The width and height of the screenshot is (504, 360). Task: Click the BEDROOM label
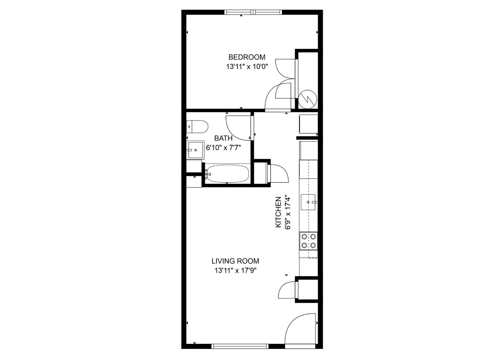coord(247,57)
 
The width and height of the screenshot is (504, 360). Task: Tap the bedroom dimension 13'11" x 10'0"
coord(247,67)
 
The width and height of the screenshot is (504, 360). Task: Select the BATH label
coord(223,138)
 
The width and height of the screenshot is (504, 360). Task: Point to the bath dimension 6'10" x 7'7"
coord(223,148)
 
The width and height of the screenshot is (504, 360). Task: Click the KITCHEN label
coord(278,212)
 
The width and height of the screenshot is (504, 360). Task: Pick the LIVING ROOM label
coord(235,261)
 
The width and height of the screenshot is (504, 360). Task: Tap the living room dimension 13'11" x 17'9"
coord(235,271)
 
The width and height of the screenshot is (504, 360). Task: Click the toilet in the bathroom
coord(197,127)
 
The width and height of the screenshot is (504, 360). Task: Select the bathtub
coord(227,174)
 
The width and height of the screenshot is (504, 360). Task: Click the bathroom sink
coord(195,150)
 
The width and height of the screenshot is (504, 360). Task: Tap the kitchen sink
coord(308,202)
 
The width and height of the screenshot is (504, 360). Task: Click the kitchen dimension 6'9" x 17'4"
coord(288,212)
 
